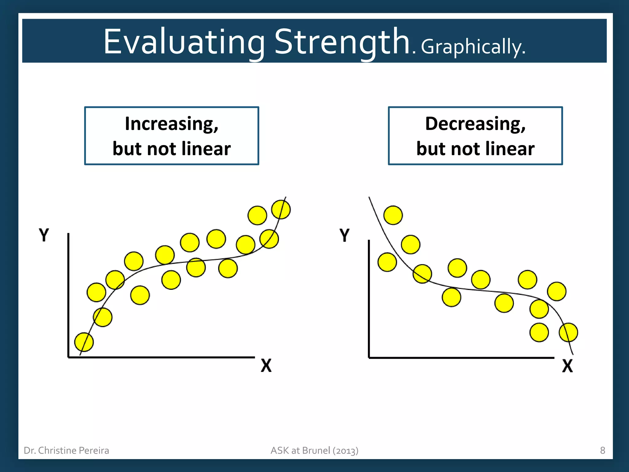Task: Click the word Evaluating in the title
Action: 184,42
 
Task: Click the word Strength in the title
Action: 342,42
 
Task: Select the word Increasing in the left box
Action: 171,124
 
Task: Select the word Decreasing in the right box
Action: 475,124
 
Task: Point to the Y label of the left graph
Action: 44,235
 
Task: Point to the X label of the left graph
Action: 266,366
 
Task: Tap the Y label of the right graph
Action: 345,235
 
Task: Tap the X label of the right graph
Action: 567,366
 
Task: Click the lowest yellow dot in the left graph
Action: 84,342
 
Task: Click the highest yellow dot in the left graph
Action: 281,210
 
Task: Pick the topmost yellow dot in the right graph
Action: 393,215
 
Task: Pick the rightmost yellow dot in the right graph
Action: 568,332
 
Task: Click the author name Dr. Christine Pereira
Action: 66,450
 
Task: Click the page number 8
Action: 602,450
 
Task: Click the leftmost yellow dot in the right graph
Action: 387,262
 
